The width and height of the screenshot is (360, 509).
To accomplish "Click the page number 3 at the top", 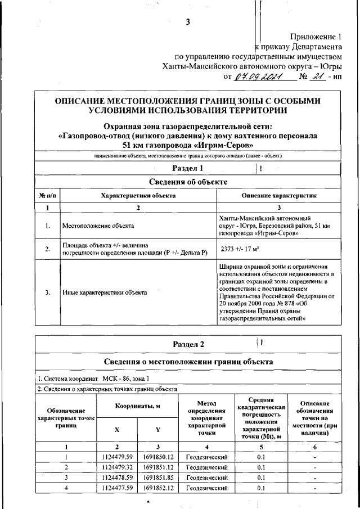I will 188,22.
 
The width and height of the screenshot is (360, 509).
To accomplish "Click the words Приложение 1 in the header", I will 316,35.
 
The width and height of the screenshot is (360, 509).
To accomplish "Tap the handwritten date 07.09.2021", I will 258,77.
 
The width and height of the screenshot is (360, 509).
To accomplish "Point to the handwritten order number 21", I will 318,77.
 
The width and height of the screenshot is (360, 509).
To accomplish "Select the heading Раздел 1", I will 187,169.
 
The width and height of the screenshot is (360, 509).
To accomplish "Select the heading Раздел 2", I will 188,344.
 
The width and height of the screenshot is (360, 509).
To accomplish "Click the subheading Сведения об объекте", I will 188,182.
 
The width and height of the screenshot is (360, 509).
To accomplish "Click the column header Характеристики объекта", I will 138,195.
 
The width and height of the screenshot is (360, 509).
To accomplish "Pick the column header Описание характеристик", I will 279,195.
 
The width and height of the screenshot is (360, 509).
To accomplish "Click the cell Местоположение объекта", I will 98,226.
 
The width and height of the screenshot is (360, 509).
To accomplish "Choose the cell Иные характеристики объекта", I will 105,292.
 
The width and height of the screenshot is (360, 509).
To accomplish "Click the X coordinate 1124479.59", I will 117,457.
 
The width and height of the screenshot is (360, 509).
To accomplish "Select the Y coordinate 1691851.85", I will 157,478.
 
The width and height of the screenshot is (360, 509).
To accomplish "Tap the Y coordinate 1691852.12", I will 157,488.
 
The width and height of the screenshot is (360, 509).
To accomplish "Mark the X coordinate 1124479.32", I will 117,467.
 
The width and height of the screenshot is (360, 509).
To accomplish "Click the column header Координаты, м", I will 137,406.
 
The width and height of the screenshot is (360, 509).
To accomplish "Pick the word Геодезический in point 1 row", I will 206,457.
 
